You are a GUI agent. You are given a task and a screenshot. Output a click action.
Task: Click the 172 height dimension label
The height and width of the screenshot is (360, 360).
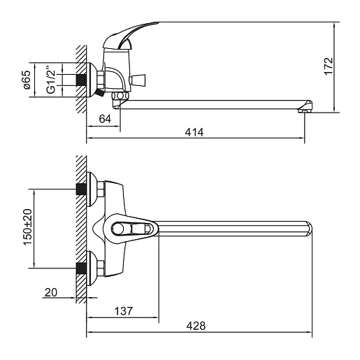[329, 66]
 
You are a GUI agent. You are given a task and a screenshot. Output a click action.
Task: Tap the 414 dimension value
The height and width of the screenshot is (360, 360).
[194, 132]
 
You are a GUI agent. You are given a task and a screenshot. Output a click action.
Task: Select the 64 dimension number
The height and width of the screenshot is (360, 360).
[105, 119]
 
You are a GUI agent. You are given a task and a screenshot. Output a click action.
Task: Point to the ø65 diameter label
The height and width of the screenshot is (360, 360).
[27, 80]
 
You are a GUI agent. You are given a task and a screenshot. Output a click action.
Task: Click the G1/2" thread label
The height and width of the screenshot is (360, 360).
[51, 80]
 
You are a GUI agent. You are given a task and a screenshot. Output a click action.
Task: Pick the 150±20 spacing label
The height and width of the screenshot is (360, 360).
[28, 227]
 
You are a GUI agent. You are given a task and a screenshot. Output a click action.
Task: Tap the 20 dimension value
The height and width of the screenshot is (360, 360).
[51, 292]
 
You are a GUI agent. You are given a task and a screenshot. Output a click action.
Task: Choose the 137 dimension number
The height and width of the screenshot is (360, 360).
[124, 311]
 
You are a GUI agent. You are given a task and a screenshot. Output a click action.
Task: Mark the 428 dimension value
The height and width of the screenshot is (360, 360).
[196, 326]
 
